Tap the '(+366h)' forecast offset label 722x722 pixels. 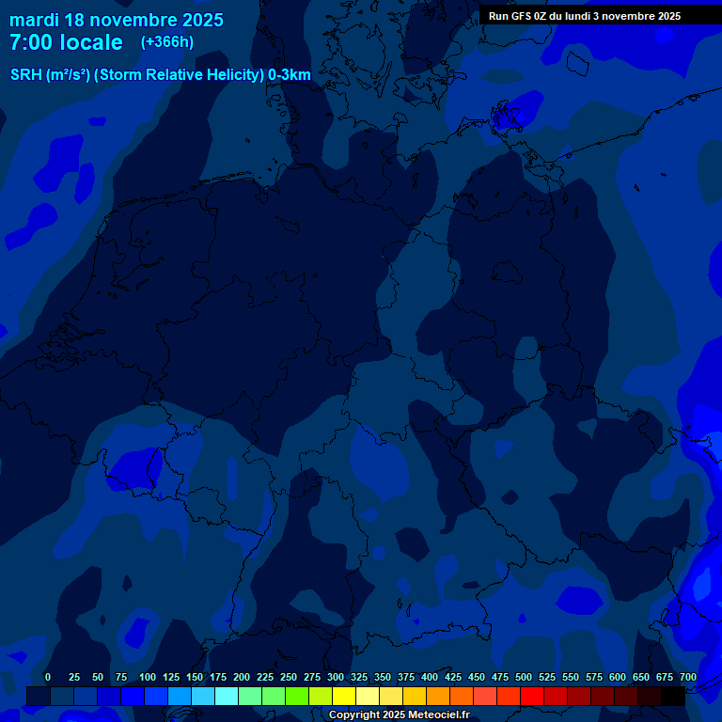pyautogui.click(x=166, y=42)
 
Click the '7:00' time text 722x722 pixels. pyautogui.click(x=30, y=42)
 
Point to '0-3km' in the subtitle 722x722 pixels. pyautogui.click(x=290, y=75)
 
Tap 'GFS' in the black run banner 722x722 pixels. pyautogui.click(x=521, y=16)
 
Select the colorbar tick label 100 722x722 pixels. pyautogui.click(x=148, y=677)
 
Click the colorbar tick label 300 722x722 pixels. pyautogui.click(x=336, y=677)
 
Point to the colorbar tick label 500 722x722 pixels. pyautogui.click(x=524, y=677)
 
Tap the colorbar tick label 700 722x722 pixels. pyautogui.click(x=688, y=677)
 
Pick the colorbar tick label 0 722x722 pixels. pyautogui.click(x=48, y=677)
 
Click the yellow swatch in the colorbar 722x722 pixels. pyautogui.click(x=344, y=696)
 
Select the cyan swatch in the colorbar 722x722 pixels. pyautogui.click(x=227, y=696)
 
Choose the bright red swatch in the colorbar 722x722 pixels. pyautogui.click(x=532, y=696)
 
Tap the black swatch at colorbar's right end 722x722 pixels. pyautogui.click(x=673, y=696)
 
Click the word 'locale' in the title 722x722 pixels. pyautogui.click(x=90, y=42)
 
